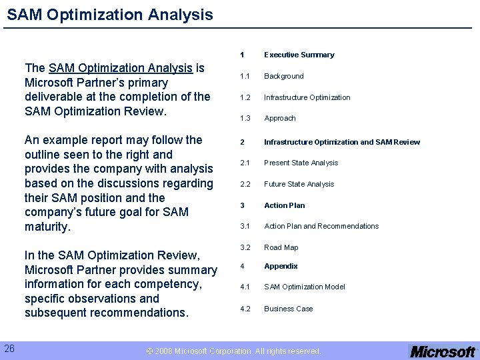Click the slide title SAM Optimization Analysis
click(110, 14)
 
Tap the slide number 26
click(9, 348)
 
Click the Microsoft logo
click(443, 351)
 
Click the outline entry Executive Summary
click(299, 55)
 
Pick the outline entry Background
click(283, 76)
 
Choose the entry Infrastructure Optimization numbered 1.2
click(307, 97)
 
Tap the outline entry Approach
click(279, 118)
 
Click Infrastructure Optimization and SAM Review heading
click(342, 142)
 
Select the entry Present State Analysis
click(301, 163)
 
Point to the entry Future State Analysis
click(299, 184)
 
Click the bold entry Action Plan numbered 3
click(284, 205)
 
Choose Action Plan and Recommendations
click(321, 226)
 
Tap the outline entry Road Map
click(281, 247)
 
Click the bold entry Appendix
click(281, 266)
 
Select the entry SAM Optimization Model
click(304, 287)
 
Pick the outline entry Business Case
click(288, 309)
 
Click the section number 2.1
click(245, 163)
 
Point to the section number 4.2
click(245, 309)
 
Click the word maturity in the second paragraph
click(47, 227)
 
